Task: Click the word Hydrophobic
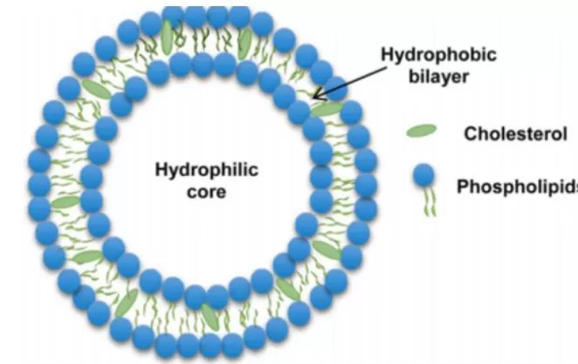[x=438, y=55]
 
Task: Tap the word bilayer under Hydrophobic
[x=438, y=76]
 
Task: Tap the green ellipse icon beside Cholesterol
[x=423, y=131]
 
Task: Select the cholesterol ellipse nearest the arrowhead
[x=327, y=109]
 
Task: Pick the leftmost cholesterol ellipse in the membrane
[x=65, y=202]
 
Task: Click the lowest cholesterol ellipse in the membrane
[x=210, y=316]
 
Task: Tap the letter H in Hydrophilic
[x=160, y=169]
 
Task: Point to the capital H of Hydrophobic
[x=387, y=55]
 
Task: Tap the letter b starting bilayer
[x=414, y=76]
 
